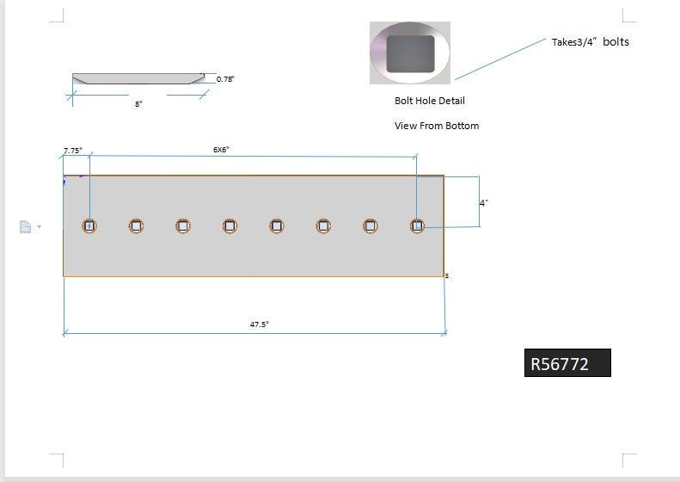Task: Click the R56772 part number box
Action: coord(567,363)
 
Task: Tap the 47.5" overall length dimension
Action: coord(259,324)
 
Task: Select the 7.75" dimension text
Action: coord(72,151)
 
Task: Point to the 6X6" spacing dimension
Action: coord(221,150)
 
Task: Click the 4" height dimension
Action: coord(484,203)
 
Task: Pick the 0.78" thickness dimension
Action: coord(225,79)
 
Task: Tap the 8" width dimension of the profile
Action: coord(138,103)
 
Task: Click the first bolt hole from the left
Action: coord(89,226)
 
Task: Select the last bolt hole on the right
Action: coord(417,226)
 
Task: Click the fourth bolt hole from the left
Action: coord(230,226)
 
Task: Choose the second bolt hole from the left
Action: coord(136,226)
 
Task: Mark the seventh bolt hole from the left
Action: coord(371,226)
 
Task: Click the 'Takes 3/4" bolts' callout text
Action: coord(590,41)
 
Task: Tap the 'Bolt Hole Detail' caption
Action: coord(430,101)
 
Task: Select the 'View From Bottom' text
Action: coord(436,126)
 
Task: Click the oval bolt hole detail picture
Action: coord(410,53)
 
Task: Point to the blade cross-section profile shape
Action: coord(138,78)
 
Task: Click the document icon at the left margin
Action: coord(26,226)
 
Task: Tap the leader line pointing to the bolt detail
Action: coord(503,59)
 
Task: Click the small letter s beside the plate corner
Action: coord(447,276)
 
